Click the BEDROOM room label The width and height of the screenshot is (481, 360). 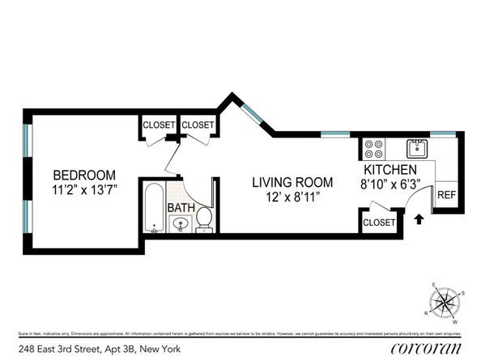(x=84, y=175)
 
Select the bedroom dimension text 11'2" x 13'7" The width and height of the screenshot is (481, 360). (x=84, y=192)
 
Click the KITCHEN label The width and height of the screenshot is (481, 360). (x=389, y=170)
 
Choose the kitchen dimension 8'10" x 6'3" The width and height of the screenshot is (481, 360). (x=389, y=184)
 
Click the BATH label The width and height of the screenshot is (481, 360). (x=180, y=208)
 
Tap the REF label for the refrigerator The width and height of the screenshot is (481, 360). (x=445, y=195)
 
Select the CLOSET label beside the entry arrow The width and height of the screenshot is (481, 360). (x=379, y=222)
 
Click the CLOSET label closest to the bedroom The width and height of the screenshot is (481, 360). (x=158, y=125)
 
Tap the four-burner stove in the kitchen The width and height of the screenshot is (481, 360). (x=374, y=149)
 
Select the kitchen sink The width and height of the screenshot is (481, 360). (x=417, y=148)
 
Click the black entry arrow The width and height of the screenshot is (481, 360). (x=419, y=218)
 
